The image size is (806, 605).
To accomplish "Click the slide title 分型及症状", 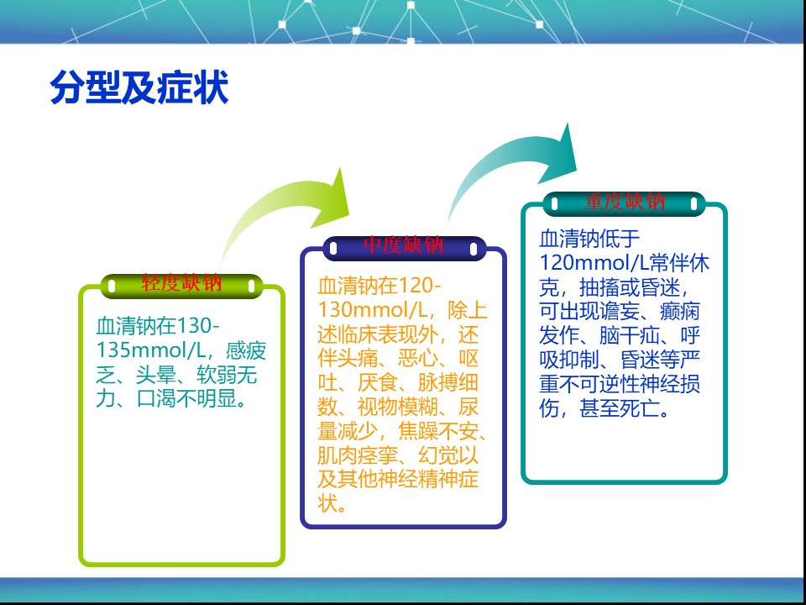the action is (139, 87).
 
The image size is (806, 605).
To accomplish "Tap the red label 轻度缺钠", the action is (181, 283).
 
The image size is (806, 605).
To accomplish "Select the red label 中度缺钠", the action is (404, 245).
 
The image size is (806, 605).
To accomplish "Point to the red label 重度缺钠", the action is (625, 201).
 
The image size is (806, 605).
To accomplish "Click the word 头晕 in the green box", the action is (156, 375).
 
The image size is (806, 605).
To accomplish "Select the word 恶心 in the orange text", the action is (418, 359).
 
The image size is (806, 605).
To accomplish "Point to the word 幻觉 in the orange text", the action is (438, 455).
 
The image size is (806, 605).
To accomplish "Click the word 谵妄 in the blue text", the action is (620, 311).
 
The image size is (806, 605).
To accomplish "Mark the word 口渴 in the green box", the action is (156, 399).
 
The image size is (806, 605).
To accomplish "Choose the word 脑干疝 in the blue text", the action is (630, 335).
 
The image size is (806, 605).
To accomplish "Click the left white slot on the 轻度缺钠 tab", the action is (112, 286).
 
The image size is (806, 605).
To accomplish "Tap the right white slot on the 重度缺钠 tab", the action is (694, 204).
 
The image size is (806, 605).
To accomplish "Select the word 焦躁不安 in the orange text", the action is (438, 431).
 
